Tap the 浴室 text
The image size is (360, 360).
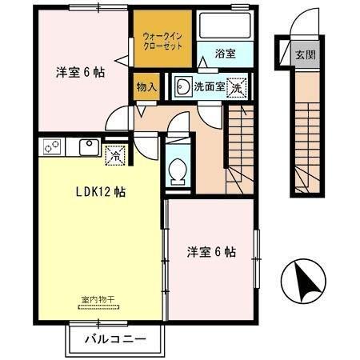tap(225, 55)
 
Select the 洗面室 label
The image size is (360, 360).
tap(209, 86)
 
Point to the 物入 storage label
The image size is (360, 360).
tap(146, 85)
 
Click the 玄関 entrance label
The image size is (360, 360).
tap(304, 55)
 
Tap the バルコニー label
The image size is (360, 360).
tap(117, 339)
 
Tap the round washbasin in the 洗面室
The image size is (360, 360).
tap(182, 87)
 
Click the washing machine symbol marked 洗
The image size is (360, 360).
tap(237, 87)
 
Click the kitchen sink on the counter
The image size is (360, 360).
tap(88, 147)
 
